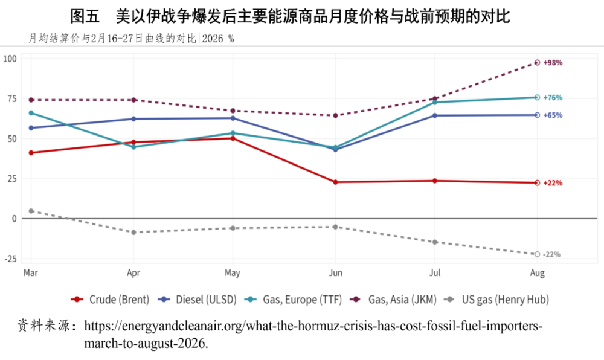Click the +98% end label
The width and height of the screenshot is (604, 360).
point(553,63)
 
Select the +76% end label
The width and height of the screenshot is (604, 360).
point(553,98)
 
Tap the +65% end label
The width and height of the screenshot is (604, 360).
point(553,115)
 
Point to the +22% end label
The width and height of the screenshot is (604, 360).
point(553,183)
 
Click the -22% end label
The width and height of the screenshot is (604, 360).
point(551,254)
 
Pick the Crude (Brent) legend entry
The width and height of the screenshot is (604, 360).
point(110,300)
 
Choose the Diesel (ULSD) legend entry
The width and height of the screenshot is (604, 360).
point(198,300)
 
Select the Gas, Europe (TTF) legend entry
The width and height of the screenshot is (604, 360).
point(294,300)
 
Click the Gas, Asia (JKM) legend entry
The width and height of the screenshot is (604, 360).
point(393,300)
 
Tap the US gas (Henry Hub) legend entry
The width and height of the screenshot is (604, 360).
point(496,300)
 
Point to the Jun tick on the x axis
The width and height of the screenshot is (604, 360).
point(335,273)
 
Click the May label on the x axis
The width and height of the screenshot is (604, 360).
point(233,274)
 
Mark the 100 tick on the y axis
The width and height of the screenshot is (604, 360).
point(10,59)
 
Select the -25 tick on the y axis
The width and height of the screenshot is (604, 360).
point(10,259)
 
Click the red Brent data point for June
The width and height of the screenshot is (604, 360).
point(335,182)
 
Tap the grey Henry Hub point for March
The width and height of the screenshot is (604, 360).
point(31,211)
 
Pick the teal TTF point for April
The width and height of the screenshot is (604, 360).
point(133,147)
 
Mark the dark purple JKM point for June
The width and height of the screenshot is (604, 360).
point(335,115)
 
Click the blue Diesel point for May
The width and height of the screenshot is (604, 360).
point(233,118)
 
